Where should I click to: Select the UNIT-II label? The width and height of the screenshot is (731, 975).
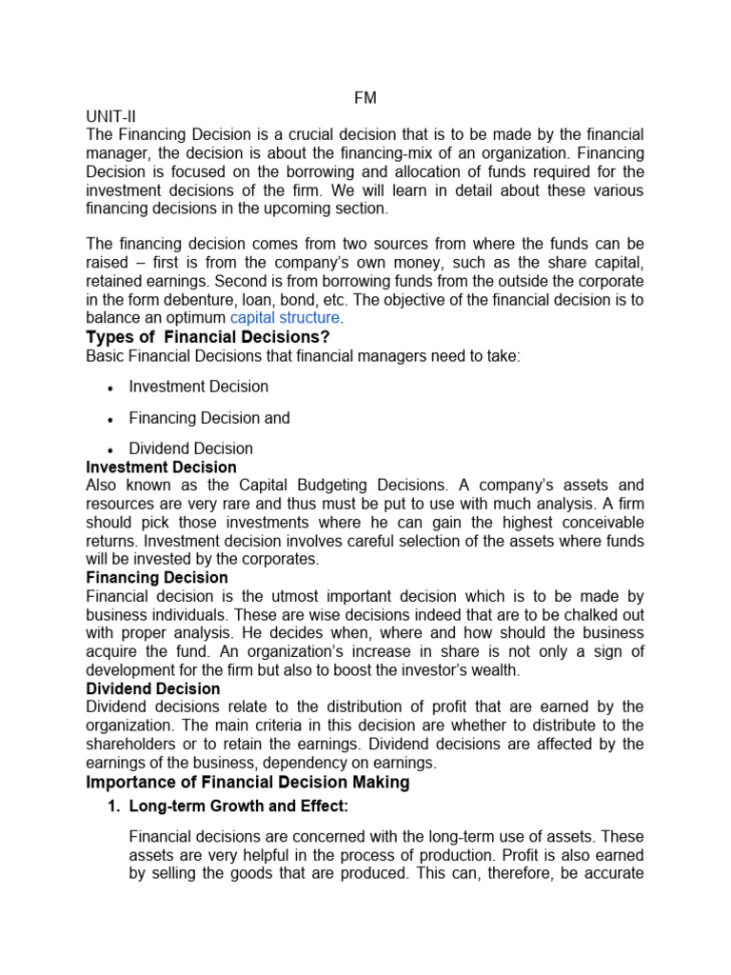coord(112,116)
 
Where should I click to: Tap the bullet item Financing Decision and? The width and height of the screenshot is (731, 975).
coord(209,418)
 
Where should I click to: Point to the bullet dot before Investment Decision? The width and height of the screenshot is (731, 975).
coord(111,388)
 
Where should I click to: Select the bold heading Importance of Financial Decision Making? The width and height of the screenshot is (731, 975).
coord(247,782)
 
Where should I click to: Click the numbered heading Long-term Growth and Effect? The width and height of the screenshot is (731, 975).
coord(238,807)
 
